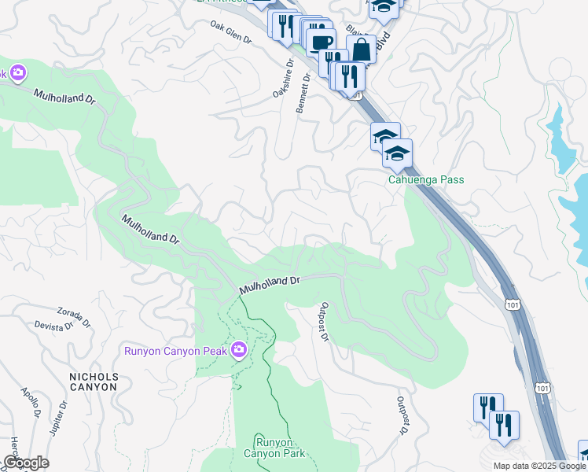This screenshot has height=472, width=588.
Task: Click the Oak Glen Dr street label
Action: tap(230, 32)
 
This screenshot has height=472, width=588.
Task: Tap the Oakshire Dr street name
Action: tap(282, 79)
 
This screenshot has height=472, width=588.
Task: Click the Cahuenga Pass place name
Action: tap(426, 179)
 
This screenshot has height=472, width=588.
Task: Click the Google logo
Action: tap(26, 463)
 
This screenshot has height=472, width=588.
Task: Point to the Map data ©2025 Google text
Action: tap(538, 466)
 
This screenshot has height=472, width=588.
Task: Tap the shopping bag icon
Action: tap(361, 49)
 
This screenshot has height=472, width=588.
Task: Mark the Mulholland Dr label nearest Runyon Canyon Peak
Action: tap(270, 284)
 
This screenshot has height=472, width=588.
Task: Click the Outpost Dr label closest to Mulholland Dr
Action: tap(323, 322)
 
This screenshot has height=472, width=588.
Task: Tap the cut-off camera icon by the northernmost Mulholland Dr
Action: tap(17, 74)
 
